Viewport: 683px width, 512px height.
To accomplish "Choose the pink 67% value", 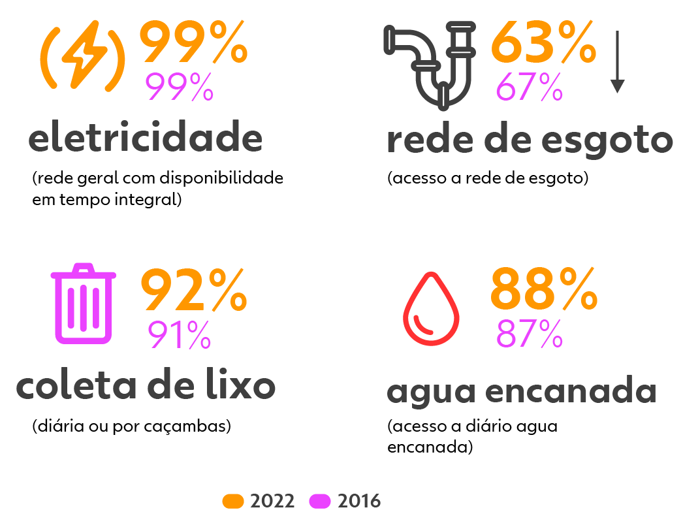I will click(x=530, y=87).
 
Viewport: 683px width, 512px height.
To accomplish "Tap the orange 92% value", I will click(x=193, y=291).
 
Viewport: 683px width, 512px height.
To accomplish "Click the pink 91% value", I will click(x=179, y=335).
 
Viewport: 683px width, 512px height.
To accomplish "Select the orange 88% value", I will click(x=543, y=291).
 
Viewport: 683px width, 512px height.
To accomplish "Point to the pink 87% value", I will click(x=530, y=334).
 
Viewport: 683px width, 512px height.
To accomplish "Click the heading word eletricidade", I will click(x=145, y=138).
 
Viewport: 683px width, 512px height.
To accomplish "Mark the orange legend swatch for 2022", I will click(x=233, y=501).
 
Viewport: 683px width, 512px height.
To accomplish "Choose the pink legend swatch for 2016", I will click(x=320, y=501).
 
